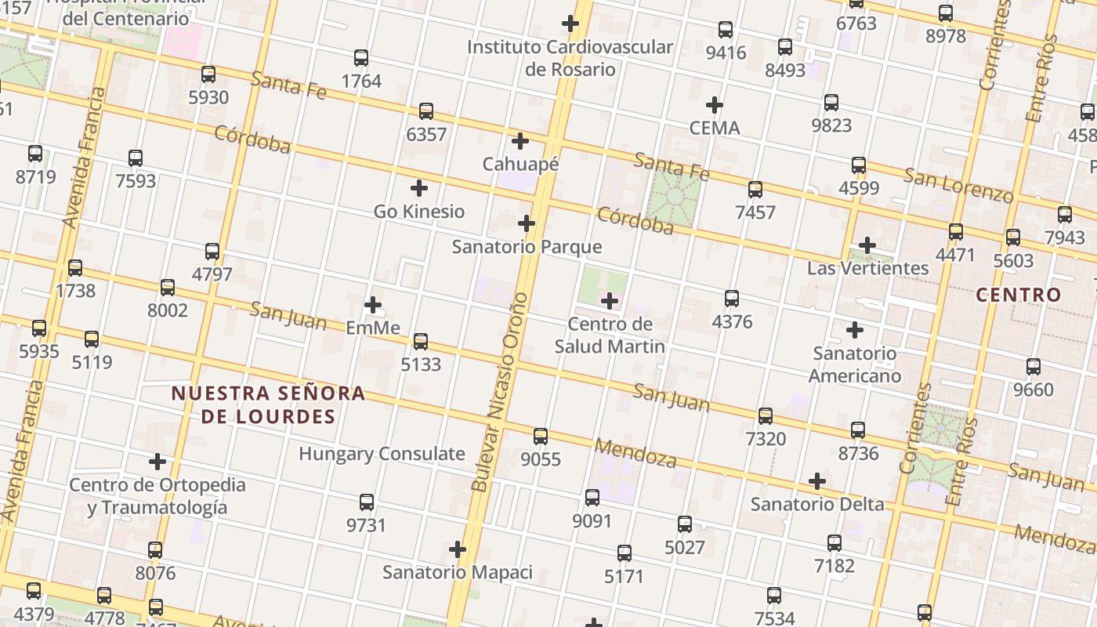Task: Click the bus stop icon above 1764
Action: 361,58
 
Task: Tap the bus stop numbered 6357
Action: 426,111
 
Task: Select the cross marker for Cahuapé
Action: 520,141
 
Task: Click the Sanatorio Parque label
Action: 527,247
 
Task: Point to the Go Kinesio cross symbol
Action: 419,188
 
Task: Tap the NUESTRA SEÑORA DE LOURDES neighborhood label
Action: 268,404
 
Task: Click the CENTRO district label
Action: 1019,295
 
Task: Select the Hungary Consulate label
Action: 382,454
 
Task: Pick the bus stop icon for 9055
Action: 541,437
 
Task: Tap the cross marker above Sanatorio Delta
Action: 817,480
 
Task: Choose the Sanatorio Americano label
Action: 854,364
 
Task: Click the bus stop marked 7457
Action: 755,190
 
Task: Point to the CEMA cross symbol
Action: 714,104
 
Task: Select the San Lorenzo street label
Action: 958,186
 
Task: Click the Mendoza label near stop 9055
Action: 635,453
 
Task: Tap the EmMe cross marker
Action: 373,304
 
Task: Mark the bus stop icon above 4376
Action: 732,299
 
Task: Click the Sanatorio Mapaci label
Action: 458,572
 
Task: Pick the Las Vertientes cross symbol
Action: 867,245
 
